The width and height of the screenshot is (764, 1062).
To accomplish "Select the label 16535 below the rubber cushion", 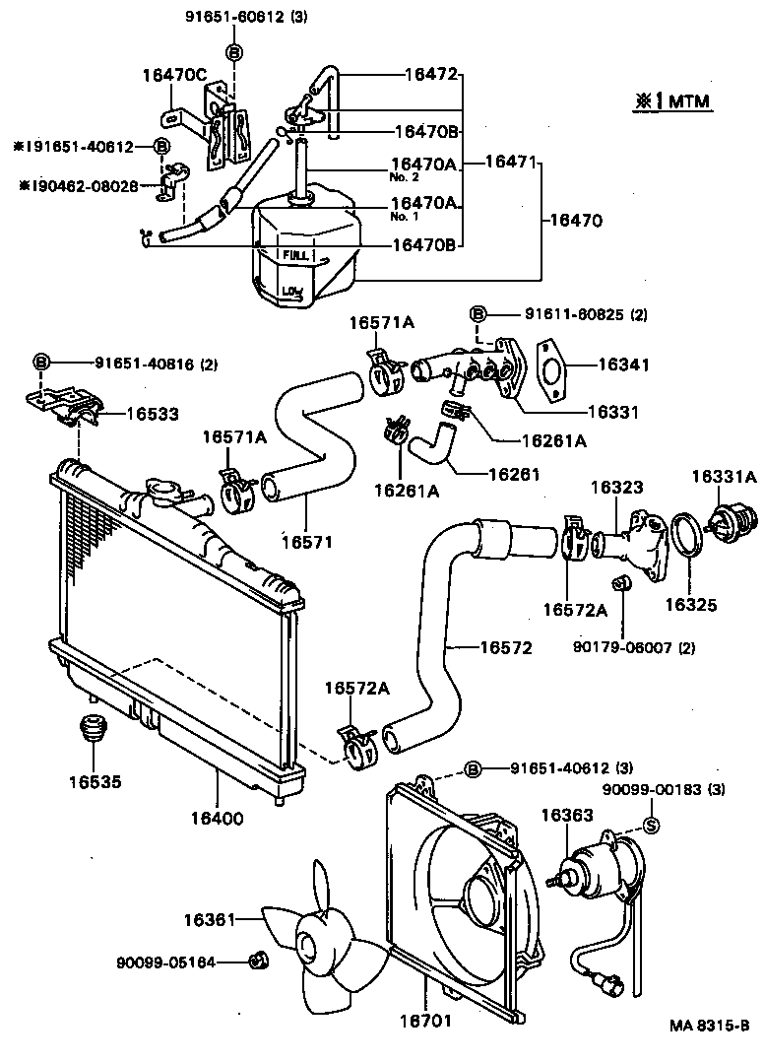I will pos(95,783).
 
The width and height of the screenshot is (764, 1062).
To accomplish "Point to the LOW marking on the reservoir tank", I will pos(290,291).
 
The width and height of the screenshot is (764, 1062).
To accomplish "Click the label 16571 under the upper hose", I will pos(306,541).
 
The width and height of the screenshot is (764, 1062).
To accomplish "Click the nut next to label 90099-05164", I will pos(257,959).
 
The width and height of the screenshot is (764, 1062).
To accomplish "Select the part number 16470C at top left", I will pos(173,74).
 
